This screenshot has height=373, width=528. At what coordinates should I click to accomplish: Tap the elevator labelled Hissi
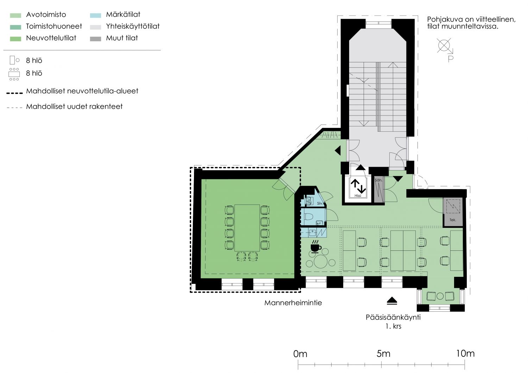pos(358,188)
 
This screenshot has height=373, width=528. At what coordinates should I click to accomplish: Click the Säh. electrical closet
pos(379,189)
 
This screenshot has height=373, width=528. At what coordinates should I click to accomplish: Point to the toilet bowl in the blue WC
pos(309,216)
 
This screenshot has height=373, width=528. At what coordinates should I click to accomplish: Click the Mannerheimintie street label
pos(293,303)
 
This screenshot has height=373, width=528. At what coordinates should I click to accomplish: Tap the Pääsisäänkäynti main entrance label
pos(393,317)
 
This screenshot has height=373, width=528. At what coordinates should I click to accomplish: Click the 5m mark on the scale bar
pos(381,365)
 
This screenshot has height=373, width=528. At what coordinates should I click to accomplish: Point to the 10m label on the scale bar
pos(465,353)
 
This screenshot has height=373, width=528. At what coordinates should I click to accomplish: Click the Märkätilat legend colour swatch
pos(95,15)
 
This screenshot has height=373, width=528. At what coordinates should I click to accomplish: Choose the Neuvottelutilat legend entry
pos(51,38)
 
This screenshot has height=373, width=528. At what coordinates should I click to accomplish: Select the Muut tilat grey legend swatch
pos(95,39)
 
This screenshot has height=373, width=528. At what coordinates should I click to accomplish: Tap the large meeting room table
pos(247,228)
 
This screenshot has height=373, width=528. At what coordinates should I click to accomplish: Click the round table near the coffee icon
pos(320,261)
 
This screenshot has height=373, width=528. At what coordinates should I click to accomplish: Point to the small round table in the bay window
pos(440,296)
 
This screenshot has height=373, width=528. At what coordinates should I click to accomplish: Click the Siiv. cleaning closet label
pos(320,203)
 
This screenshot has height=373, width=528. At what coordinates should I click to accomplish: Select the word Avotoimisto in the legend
pos(46,15)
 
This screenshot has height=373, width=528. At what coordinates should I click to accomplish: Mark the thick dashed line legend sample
pos(14,93)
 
